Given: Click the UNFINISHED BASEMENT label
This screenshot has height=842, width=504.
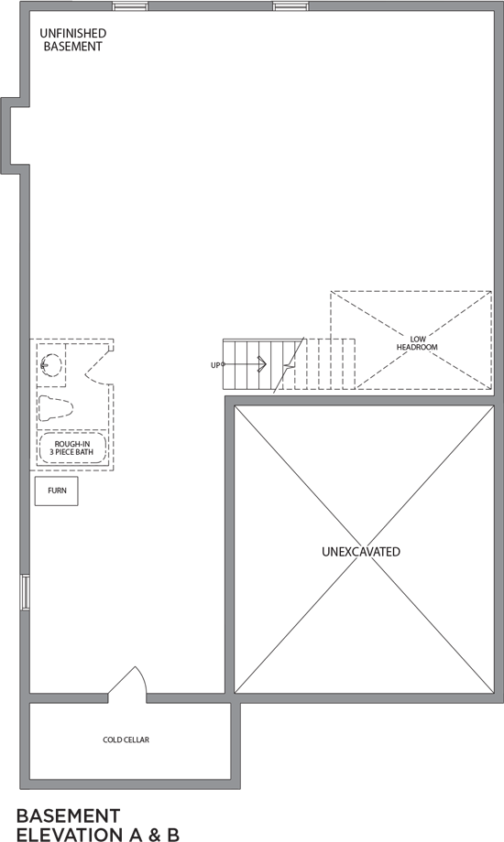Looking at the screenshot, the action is pos(72,39).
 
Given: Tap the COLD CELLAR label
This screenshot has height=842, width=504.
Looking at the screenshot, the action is pos(126,739).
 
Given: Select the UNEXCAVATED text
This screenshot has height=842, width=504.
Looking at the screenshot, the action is pos(361,552).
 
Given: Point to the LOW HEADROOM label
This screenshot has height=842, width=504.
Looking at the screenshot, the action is pos(417,343).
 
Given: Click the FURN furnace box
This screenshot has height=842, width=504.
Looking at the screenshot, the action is pos(57,491).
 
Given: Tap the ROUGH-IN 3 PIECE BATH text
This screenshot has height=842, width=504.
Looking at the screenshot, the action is pos(73,448).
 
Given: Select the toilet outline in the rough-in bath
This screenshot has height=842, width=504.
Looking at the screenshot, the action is pos(55,409).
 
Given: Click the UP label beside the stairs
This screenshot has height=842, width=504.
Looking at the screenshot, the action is pos(215,365).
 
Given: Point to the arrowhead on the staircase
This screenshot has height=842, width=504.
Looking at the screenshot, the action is pos(262,364).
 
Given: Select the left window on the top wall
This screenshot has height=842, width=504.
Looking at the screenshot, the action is pos(129,5).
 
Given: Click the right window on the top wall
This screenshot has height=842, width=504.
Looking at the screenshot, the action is pos(290,5).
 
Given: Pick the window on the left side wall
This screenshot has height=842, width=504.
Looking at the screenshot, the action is pos(25,592).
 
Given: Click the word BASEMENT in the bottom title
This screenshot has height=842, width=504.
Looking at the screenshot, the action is pos(69,815).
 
